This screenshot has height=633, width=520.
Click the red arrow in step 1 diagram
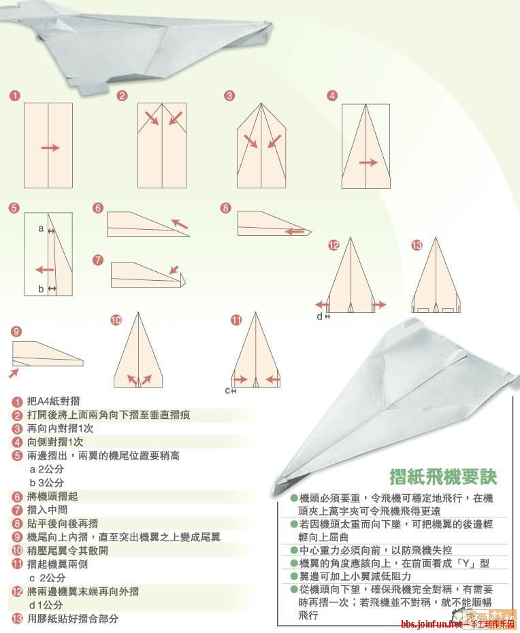click(50, 148)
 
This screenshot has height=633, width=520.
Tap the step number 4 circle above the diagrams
click(332, 96)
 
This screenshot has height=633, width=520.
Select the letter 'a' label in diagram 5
click(41, 229)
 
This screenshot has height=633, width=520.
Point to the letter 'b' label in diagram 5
click(41, 289)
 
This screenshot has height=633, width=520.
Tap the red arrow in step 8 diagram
click(294, 231)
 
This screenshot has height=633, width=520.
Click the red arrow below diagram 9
click(14, 373)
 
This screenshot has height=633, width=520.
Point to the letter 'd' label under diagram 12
click(319, 316)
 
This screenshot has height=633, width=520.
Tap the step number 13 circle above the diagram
click(417, 245)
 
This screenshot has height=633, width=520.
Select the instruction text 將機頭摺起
click(52, 496)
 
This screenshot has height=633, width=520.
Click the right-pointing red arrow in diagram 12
click(378, 305)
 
